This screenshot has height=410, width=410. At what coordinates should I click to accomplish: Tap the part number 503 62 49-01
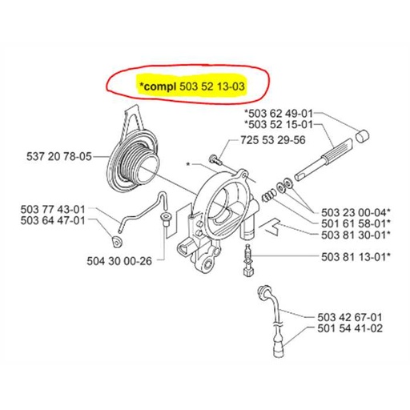coord(280,114)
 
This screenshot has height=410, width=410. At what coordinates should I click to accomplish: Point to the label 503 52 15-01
coord(280,125)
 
